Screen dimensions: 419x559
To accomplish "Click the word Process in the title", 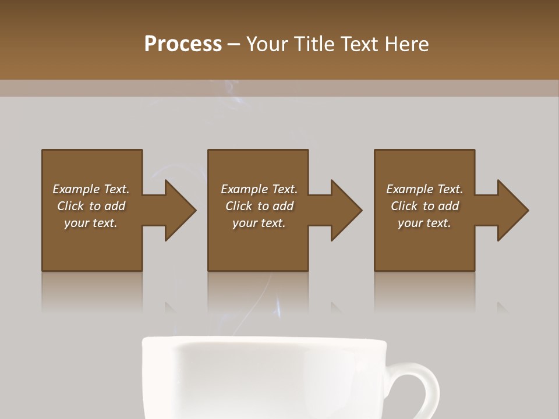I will [x=183, y=44].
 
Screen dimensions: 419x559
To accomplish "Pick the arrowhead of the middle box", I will [x=346, y=210].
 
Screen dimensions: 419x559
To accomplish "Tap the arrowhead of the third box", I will [x=512, y=210].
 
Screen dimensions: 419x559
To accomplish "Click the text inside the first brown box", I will [x=91, y=206].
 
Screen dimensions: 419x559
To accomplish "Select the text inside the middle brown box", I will [x=259, y=206].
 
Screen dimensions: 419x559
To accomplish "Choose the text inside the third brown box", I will [x=424, y=206].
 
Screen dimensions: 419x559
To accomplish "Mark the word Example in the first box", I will [x=76, y=189].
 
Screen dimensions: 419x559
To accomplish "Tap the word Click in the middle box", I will [x=239, y=206].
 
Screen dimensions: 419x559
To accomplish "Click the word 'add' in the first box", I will [x=115, y=206].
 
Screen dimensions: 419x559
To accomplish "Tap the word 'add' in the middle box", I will [x=283, y=206].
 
